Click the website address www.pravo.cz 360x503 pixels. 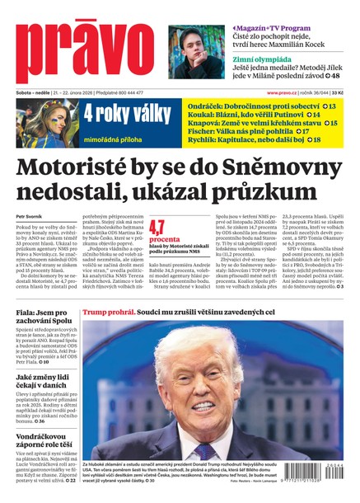[282, 92]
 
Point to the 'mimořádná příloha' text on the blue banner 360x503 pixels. [117, 131]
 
